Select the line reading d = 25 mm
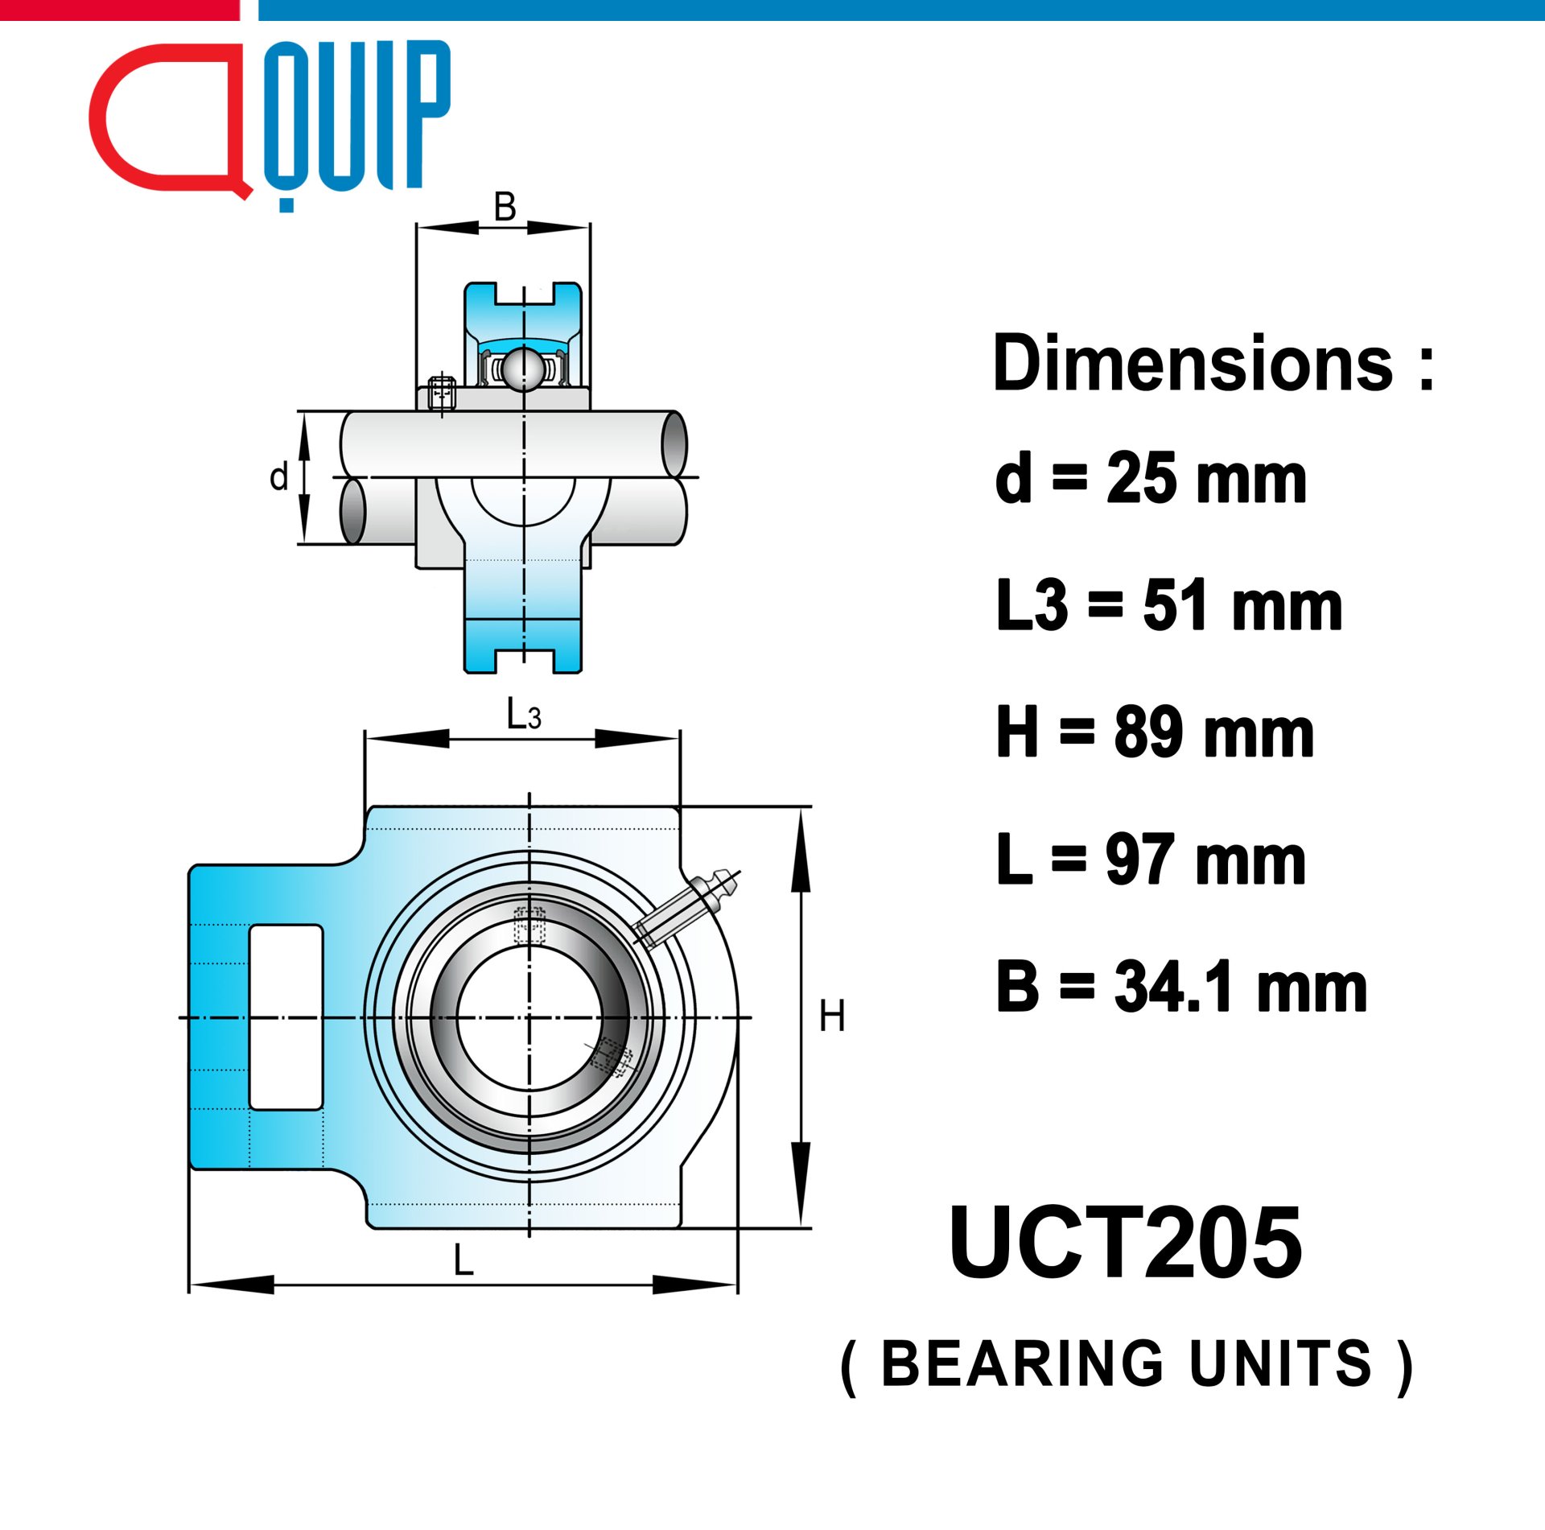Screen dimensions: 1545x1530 1151,477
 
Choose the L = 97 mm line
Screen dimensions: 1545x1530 1151,860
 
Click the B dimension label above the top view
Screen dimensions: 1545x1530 505,207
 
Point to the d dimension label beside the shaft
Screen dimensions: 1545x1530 278,477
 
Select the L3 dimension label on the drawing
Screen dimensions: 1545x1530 524,714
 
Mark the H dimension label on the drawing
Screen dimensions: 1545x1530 832,1016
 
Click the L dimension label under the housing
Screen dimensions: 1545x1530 463,1260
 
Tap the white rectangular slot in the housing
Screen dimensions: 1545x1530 286,1017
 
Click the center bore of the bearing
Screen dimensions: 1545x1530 529,1018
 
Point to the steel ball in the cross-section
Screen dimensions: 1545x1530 523,369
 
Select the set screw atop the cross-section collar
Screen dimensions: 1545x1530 442,394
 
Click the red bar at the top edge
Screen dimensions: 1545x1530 120,10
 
